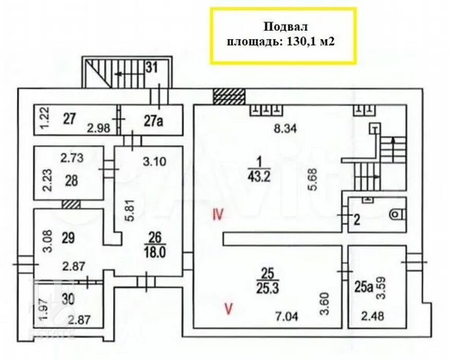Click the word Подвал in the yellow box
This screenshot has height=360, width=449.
pos(286,27)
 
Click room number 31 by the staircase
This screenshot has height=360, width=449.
pos(152,68)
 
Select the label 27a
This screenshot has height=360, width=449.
pos(153,121)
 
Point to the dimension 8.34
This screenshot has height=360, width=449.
pos(285,129)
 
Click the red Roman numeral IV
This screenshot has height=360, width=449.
pos(218,214)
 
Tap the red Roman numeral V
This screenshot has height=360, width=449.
pos(229,309)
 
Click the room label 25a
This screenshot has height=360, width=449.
pos(364,287)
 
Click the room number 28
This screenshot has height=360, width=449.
pos(71,181)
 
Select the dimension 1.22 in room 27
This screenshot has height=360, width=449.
pos(46,118)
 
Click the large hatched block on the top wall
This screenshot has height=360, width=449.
pos(229,97)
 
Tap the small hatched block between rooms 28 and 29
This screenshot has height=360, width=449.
pos(71,204)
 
